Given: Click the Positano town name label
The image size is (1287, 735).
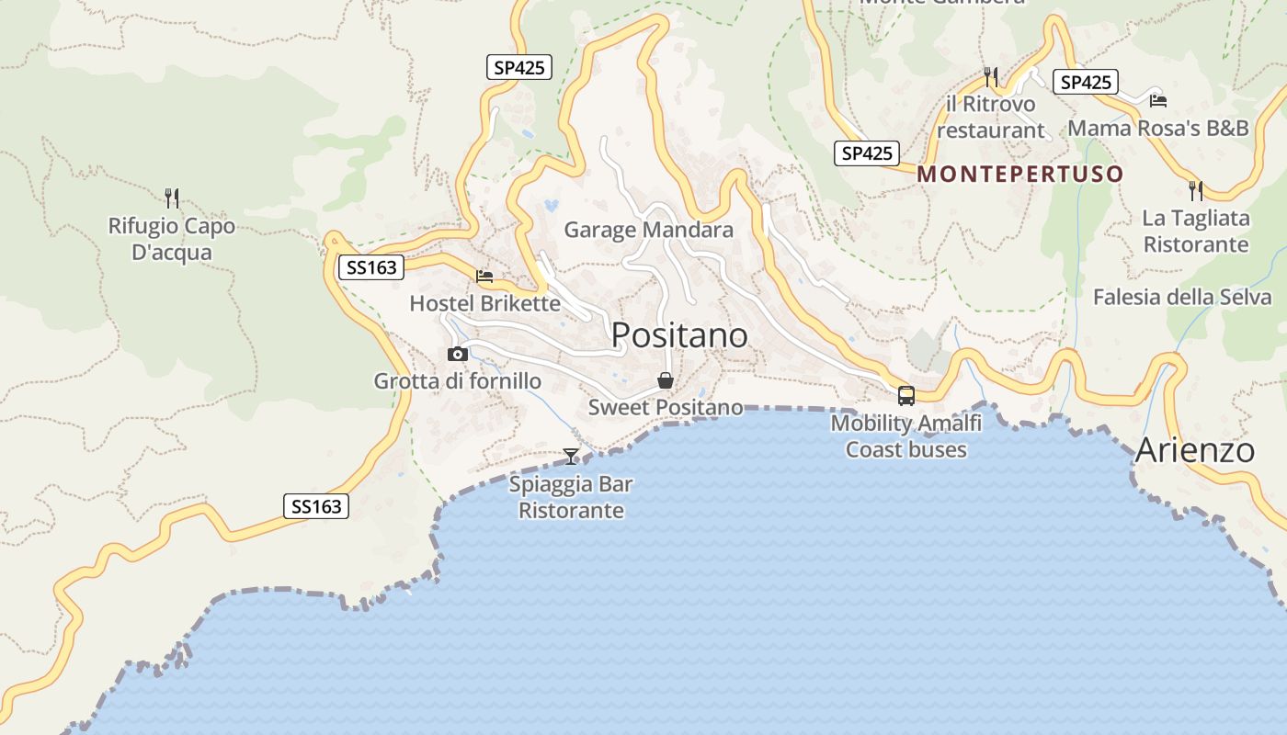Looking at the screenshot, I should (679, 335).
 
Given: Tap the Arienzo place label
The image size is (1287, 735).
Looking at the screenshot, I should (1195, 450).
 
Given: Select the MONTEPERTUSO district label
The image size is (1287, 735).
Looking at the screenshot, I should (1020, 174).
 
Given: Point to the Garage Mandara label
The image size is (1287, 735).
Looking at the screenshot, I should (649, 230).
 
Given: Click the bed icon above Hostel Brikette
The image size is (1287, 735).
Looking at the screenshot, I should (484, 276).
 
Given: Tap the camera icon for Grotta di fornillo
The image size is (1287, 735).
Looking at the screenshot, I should (457, 354).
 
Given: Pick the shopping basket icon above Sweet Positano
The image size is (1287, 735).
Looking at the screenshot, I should (666, 380).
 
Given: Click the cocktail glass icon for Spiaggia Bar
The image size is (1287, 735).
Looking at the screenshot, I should (571, 456).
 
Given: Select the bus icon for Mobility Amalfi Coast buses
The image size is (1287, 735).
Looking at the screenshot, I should (906, 396).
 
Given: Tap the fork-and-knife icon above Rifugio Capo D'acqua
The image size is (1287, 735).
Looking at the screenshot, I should (172, 198).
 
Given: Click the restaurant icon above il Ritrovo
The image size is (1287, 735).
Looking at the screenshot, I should (990, 76).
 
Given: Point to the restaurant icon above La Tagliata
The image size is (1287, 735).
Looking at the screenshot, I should (1196, 191).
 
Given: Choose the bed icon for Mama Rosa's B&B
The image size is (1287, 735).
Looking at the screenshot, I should (1158, 100).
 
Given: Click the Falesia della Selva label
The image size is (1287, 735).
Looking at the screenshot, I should (1182, 297).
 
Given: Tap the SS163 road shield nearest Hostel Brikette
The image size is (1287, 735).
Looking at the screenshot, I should (371, 267).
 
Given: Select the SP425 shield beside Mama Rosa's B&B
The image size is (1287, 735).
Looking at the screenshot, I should (1086, 83).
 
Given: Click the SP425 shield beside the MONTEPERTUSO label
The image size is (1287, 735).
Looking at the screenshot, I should (867, 153).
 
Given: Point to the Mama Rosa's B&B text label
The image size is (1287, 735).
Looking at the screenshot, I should (1158, 128).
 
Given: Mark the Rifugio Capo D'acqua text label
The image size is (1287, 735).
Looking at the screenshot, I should (172, 239).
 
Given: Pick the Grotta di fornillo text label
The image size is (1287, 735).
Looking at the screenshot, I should (457, 380).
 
